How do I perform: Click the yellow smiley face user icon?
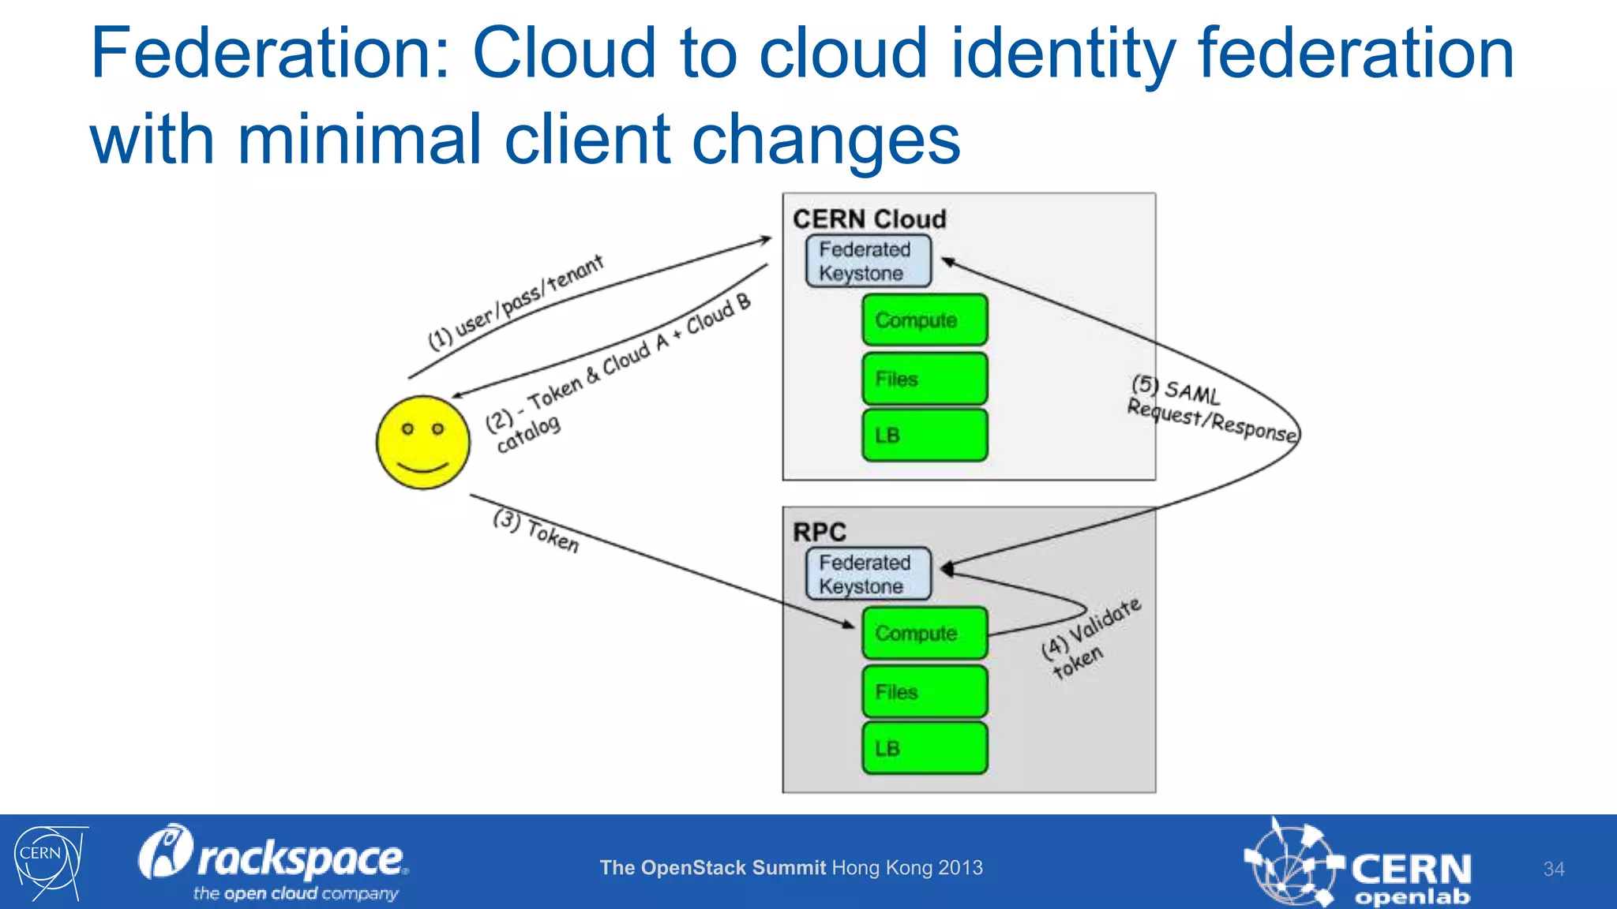tap(423, 443)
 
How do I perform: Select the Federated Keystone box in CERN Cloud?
tap(868, 261)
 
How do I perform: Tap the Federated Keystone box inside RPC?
tap(868, 574)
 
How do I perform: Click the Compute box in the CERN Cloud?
tap(924, 320)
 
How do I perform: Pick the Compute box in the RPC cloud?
tap(924, 634)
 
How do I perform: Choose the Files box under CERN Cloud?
tap(924, 379)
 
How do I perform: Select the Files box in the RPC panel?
tap(924, 692)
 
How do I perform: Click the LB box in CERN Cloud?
tap(924, 436)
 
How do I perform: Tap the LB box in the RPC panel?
tap(924, 748)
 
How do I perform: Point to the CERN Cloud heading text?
tap(869, 219)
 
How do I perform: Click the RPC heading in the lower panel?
tap(819, 532)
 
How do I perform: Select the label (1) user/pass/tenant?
tap(516, 303)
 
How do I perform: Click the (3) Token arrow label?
tap(536, 531)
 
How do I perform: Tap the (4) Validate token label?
tap(1090, 638)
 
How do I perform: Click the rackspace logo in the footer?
tap(272, 862)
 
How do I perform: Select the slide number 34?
tap(1553, 869)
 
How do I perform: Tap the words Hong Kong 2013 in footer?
tap(907, 868)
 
